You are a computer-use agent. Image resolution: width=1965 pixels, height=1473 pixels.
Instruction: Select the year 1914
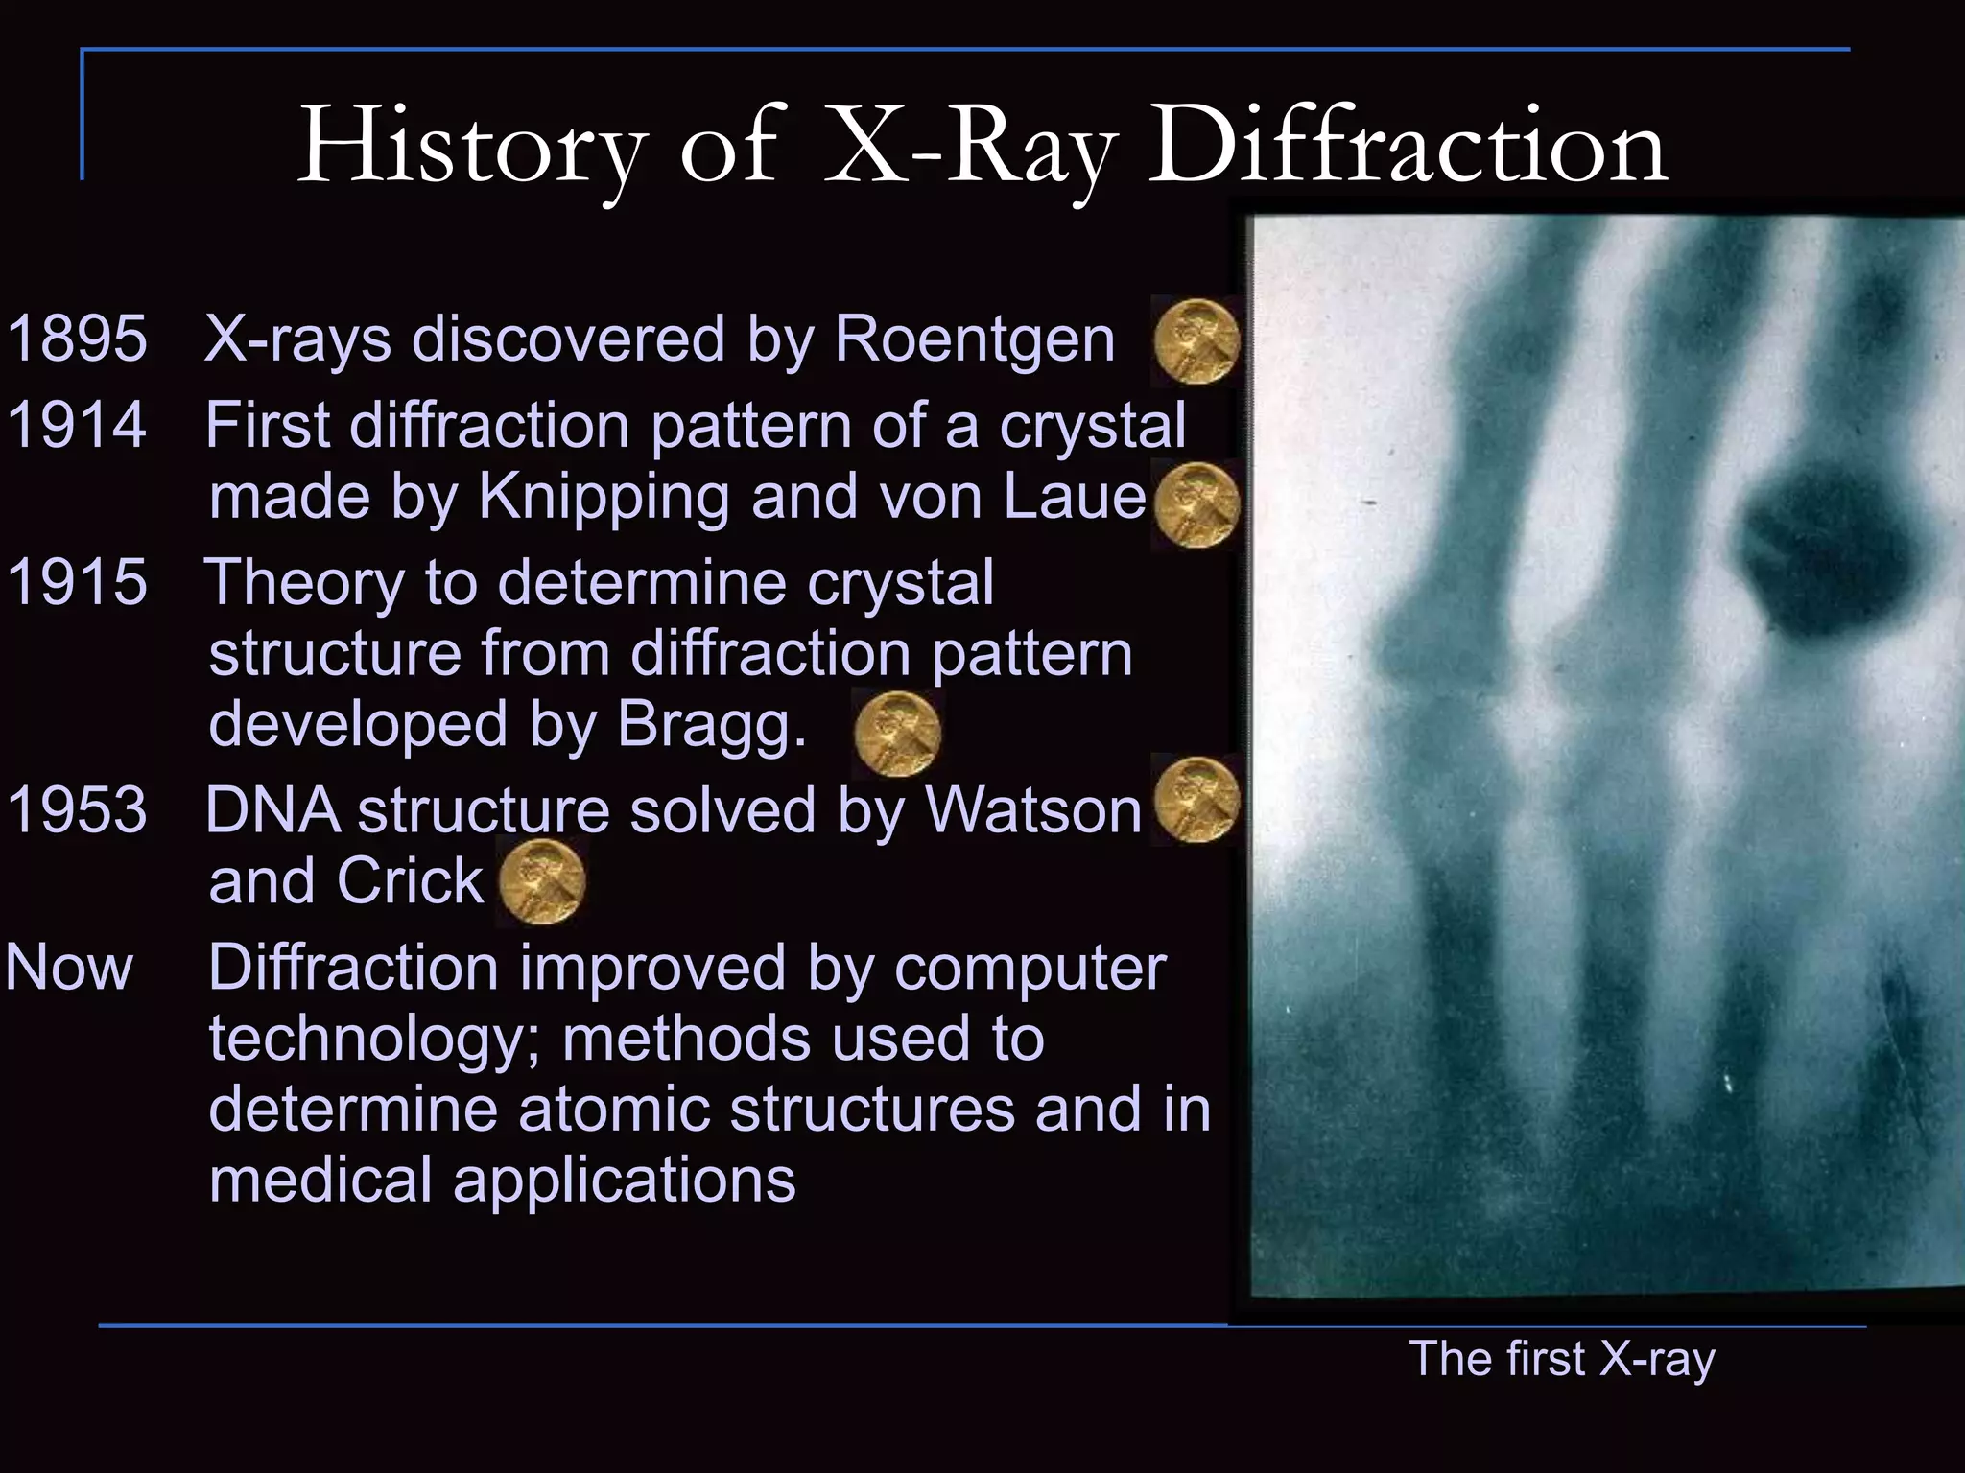77,425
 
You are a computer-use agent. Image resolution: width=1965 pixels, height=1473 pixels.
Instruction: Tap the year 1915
77,582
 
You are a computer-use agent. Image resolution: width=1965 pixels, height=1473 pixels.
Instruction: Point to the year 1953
77,809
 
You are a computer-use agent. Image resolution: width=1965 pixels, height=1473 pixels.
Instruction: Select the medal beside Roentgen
1196,341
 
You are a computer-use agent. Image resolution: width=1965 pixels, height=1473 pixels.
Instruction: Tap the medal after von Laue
1196,504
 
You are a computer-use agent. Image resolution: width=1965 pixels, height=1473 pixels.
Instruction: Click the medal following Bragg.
896,734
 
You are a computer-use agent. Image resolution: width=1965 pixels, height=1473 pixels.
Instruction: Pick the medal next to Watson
1196,800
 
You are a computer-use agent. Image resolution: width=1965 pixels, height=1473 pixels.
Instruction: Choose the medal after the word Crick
542,882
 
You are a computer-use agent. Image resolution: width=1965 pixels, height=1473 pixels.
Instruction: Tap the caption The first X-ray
1561,1359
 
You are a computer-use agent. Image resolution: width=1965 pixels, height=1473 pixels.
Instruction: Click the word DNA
272,809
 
